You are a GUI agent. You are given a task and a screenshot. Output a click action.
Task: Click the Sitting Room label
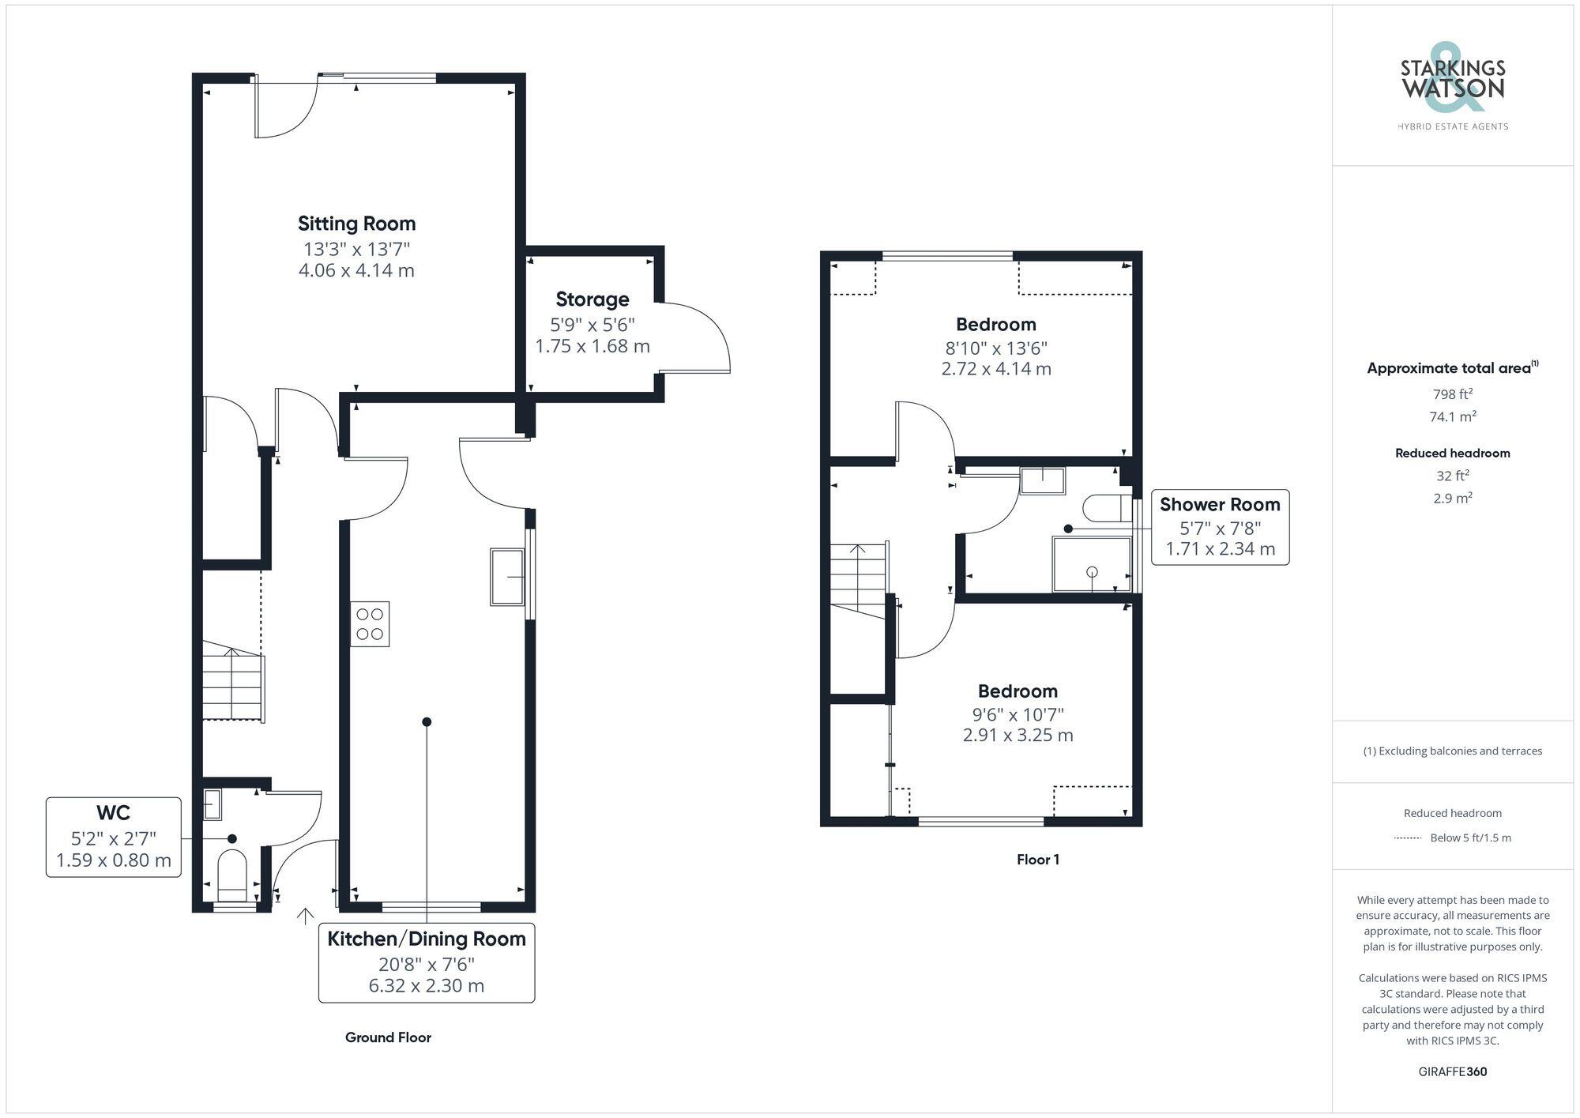click(356, 224)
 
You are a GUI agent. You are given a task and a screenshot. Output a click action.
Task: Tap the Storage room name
click(592, 299)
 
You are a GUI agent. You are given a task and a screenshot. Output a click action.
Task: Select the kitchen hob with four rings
click(370, 624)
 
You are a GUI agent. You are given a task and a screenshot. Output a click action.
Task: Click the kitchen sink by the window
click(507, 577)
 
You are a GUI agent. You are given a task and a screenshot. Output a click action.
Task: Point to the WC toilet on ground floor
click(232, 875)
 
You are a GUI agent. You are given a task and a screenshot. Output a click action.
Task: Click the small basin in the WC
click(213, 804)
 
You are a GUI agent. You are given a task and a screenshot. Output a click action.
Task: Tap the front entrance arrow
click(305, 917)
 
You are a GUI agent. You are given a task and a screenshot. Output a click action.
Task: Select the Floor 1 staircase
click(859, 581)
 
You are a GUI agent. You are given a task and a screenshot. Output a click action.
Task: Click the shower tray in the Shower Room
click(1091, 564)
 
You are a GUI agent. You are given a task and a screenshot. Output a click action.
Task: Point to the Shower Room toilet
click(1107, 508)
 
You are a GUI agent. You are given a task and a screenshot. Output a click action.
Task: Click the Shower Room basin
click(1042, 480)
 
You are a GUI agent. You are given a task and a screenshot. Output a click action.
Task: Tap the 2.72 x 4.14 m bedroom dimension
click(995, 369)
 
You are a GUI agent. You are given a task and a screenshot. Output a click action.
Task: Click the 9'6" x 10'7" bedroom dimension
click(1018, 714)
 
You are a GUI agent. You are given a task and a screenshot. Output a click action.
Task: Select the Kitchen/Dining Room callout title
click(427, 939)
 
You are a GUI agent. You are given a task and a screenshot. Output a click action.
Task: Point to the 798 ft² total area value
click(1452, 394)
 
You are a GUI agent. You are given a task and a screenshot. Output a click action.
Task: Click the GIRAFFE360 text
click(1452, 1072)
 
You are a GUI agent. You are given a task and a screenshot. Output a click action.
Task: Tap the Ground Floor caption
click(388, 1037)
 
